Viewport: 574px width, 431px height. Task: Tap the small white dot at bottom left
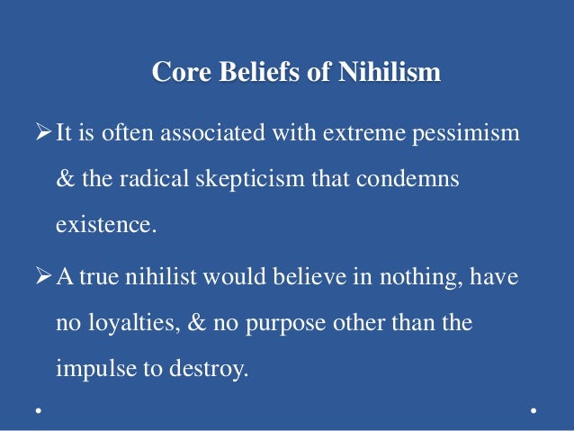pyautogui.click(x=38, y=411)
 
